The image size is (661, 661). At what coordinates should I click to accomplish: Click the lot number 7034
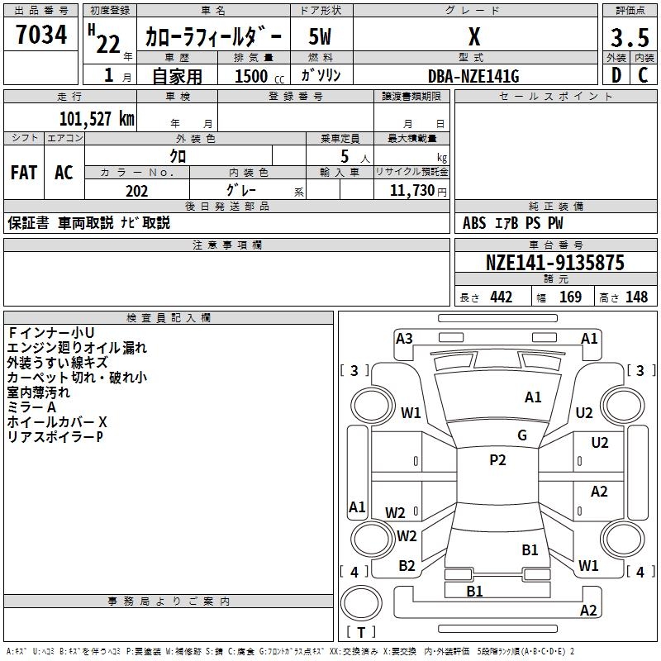pos(41,34)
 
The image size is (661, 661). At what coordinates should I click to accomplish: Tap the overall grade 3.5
pos(630,37)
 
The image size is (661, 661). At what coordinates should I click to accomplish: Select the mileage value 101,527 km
pos(97,119)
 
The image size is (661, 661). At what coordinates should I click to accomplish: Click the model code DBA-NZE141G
pos(473,76)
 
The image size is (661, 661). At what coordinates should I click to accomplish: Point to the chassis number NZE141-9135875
pos(554,262)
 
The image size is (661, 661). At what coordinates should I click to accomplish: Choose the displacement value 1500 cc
pos(259,76)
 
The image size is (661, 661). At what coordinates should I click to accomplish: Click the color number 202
pos(136,191)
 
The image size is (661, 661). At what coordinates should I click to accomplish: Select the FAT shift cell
pos(24,173)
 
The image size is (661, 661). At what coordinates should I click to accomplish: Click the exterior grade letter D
pos(616,75)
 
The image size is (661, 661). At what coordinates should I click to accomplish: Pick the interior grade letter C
pos(643,75)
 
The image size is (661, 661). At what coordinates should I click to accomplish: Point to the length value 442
pos(501,297)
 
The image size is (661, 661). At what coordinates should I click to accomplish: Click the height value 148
pos(636,297)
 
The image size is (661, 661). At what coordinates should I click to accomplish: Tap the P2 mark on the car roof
pos(497,460)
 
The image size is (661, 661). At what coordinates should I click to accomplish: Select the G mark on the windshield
pos(522,435)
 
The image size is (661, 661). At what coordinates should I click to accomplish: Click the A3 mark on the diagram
pos(404,339)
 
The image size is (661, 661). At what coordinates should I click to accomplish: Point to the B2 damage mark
pos(407,566)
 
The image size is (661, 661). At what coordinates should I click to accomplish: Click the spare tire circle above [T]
pos(361,603)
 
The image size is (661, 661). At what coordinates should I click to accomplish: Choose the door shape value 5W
pos(320,36)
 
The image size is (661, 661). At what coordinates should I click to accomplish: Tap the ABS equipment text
pos(473,223)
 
